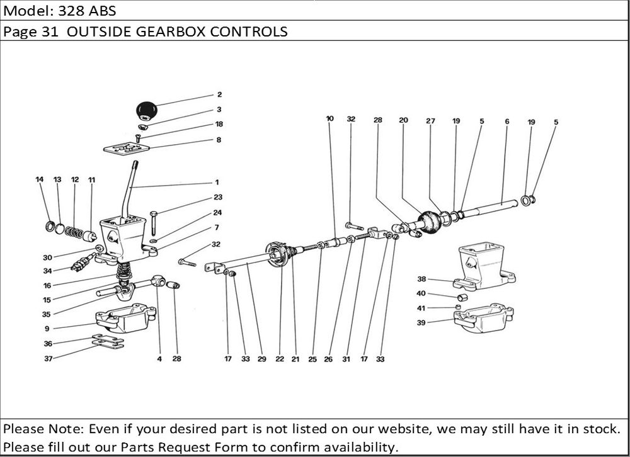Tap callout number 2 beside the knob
[219, 95]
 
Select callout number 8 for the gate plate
[219, 140]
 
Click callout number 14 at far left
[39, 180]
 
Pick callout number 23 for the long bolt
[217, 196]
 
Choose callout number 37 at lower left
[48, 359]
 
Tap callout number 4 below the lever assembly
[159, 359]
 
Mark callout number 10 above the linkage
[329, 118]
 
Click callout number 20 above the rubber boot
[403, 120]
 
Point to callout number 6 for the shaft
[507, 121]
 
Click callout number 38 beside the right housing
[421, 279]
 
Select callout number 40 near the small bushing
[421, 293]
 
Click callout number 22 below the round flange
[279, 359]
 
